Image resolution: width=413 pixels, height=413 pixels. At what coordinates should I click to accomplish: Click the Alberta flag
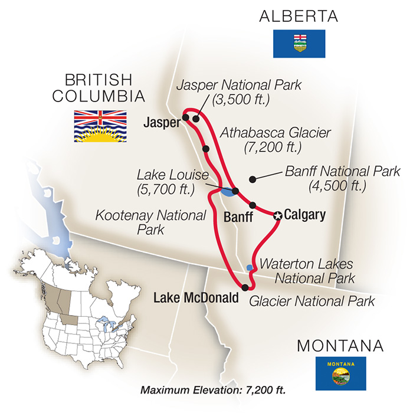click(x=300, y=44)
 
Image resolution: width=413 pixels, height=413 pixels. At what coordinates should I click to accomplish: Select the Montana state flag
click(x=340, y=373)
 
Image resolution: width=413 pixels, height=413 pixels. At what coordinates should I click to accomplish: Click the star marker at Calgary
click(x=277, y=217)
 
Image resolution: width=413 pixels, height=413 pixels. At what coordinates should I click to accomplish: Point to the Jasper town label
click(x=160, y=123)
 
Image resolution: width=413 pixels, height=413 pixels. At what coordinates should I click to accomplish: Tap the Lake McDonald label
click(x=196, y=299)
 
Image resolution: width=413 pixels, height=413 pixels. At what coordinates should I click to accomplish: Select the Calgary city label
click(x=304, y=215)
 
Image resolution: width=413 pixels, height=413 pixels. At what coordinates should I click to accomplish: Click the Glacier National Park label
click(x=312, y=301)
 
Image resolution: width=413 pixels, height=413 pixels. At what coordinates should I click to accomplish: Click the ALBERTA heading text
click(x=300, y=17)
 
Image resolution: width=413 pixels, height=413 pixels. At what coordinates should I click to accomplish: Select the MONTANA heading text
click(x=340, y=345)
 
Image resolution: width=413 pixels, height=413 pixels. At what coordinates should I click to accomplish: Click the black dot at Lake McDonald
click(x=245, y=287)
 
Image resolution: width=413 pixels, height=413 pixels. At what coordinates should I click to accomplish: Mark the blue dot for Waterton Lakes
click(x=250, y=268)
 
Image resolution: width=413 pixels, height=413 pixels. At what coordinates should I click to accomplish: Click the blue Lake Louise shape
click(x=227, y=191)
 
